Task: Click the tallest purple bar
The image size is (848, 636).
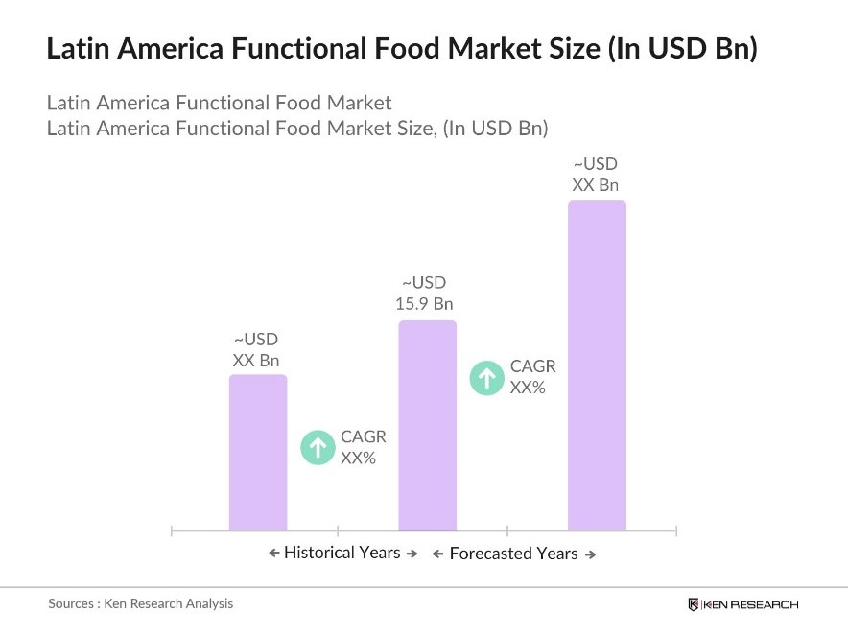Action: (x=597, y=365)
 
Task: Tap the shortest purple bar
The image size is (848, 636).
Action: (x=257, y=452)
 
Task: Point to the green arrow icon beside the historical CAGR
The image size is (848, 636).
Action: (x=317, y=448)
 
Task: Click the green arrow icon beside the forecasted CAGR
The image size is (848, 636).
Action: (x=486, y=377)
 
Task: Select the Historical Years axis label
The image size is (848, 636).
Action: (x=342, y=553)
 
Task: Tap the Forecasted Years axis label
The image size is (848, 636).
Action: (x=513, y=554)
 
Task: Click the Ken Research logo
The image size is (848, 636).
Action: (x=742, y=604)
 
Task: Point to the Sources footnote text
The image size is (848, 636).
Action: (x=141, y=603)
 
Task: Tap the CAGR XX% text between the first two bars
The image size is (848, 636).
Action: (x=363, y=447)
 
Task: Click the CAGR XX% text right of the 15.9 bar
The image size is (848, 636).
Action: (x=532, y=377)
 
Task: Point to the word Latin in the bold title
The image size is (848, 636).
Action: (x=78, y=49)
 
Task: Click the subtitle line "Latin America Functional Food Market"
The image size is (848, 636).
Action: (x=219, y=103)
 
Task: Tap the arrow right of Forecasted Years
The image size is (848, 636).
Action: (x=591, y=554)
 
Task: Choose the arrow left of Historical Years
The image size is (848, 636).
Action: (x=273, y=554)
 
